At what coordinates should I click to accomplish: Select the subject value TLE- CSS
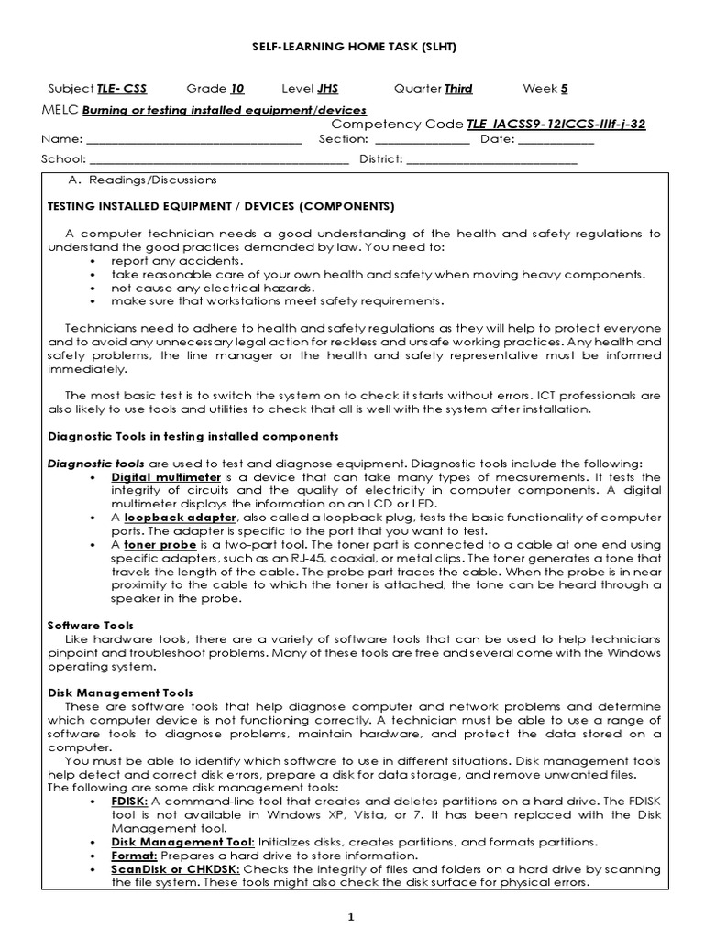pyautogui.click(x=121, y=89)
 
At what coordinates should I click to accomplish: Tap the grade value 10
pyautogui.click(x=236, y=89)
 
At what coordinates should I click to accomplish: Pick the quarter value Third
pyautogui.click(x=458, y=89)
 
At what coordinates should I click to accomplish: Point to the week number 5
pyautogui.click(x=564, y=89)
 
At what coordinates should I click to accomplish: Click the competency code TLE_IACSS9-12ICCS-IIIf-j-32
pyautogui.click(x=555, y=125)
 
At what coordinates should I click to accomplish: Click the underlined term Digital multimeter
pyautogui.click(x=166, y=477)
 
